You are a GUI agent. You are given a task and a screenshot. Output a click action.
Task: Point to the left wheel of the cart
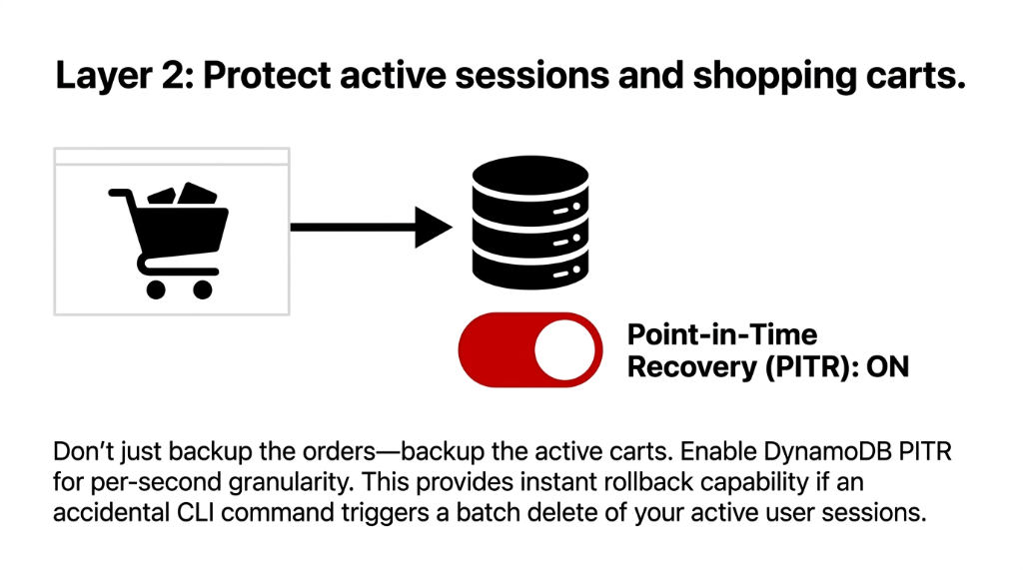(155, 289)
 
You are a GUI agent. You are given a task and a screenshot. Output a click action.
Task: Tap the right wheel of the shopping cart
(203, 289)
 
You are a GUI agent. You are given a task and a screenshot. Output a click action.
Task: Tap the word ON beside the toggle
(886, 366)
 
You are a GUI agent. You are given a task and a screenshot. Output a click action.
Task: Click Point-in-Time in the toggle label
(721, 334)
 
